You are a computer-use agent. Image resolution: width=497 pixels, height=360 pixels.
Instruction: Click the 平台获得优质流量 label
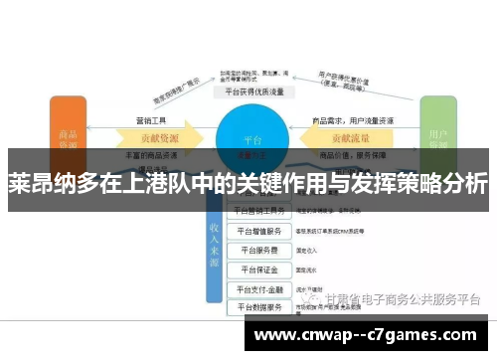pyautogui.click(x=252, y=90)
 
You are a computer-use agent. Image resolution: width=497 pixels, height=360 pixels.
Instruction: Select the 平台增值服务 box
pyautogui.click(x=260, y=230)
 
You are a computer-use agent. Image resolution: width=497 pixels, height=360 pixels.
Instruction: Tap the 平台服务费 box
pyautogui.click(x=260, y=250)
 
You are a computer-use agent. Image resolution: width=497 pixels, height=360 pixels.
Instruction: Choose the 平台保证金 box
pyautogui.click(x=260, y=270)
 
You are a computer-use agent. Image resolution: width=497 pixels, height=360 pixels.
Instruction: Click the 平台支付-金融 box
pyautogui.click(x=260, y=289)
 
